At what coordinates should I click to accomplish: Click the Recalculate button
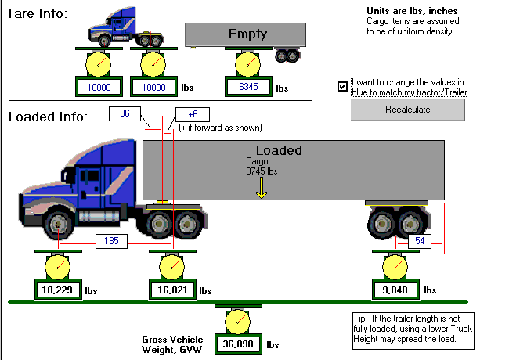(x=407, y=110)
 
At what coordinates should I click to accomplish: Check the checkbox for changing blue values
(x=342, y=86)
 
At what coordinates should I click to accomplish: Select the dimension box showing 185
(x=111, y=241)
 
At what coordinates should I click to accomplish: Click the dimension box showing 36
(x=125, y=113)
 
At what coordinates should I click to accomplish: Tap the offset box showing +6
(x=193, y=114)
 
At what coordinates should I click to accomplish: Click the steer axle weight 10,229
(x=56, y=290)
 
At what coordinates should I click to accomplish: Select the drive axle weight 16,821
(x=172, y=290)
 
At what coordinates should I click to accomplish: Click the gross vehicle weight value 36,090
(x=238, y=344)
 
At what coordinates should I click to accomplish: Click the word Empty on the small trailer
(x=247, y=34)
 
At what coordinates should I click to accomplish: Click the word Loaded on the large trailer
(x=279, y=150)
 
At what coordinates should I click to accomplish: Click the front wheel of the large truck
(x=57, y=225)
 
